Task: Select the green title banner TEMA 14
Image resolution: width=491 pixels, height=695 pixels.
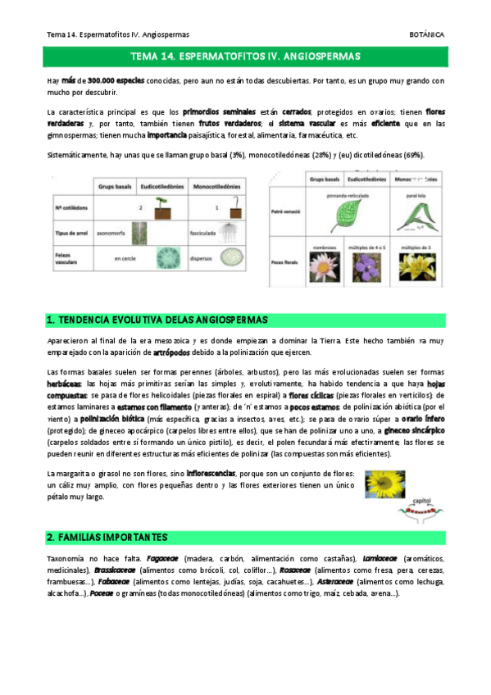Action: (245, 56)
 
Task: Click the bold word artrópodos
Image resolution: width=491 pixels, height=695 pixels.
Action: (175, 352)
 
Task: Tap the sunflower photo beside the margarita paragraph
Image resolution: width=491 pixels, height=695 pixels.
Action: (383, 484)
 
